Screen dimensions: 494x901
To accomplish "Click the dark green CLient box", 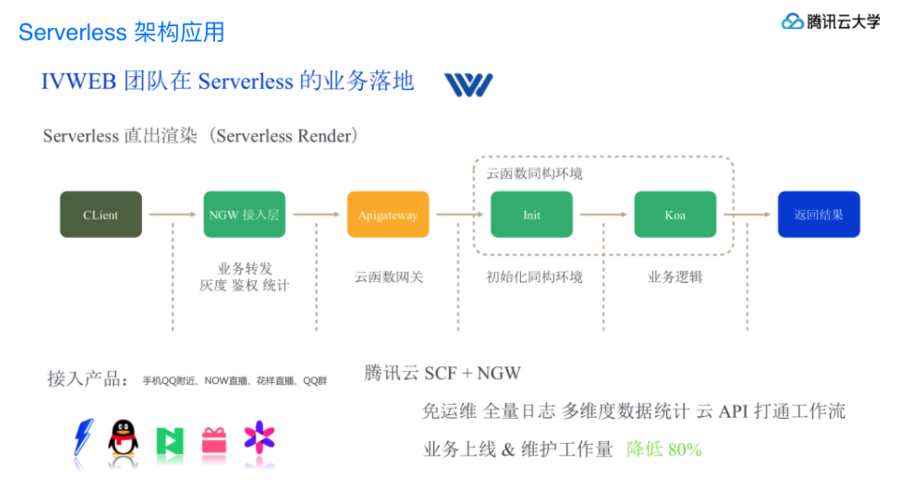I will [100, 214].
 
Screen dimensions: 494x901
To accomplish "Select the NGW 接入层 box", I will [244, 214].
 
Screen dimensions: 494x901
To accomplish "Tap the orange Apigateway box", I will [388, 214].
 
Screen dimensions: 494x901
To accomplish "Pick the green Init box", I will [531, 214].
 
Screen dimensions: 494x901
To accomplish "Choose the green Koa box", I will [675, 214].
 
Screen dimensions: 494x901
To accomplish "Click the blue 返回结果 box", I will [818, 214].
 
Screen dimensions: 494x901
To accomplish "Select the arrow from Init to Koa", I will [603, 214].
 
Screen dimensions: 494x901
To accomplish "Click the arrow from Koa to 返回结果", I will [747, 214].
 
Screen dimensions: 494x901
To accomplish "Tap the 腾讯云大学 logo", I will [831, 22].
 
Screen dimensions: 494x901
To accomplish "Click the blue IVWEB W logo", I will [468, 85].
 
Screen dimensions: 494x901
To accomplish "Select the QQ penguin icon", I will [123, 438].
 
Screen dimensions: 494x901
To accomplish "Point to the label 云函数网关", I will [388, 277].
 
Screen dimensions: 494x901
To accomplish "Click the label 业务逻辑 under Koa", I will [675, 277].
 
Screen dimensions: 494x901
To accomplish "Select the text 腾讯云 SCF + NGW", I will [442, 373].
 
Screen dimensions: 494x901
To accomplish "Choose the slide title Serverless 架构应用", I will [121, 32].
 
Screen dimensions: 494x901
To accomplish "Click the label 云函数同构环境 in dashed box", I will [534, 174].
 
